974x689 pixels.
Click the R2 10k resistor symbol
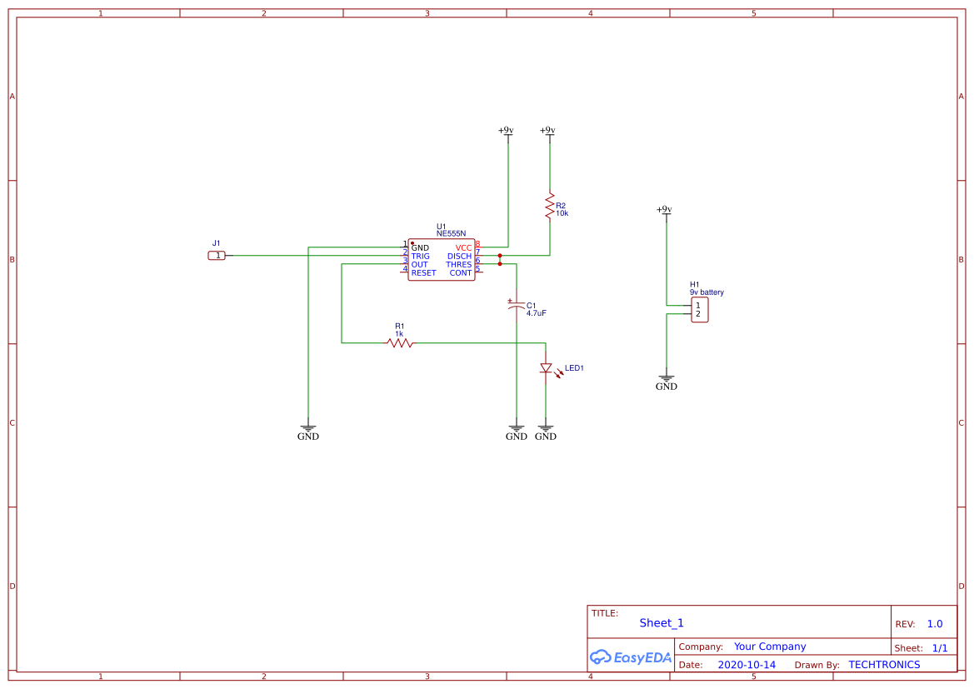pos(549,206)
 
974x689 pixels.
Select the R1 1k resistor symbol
pos(400,342)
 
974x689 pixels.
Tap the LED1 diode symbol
pos(546,368)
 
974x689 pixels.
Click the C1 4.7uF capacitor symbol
pos(516,306)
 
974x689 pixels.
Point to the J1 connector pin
pos(217,256)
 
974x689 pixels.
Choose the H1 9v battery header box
pos(699,310)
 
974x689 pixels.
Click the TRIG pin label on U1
pos(420,257)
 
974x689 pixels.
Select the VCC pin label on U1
pos(463,248)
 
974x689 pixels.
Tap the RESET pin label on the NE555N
pos(423,273)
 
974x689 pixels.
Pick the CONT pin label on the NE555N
pos(461,273)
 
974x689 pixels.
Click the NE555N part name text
pos(451,234)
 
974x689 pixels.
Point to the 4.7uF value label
pos(536,313)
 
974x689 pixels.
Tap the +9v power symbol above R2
pos(547,132)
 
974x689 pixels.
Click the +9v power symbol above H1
pos(664,211)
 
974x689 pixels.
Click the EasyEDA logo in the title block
pos(631,657)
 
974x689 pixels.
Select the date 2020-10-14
pos(747,665)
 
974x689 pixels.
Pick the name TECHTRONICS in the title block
pos(884,665)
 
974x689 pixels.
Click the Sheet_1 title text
pos(662,623)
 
